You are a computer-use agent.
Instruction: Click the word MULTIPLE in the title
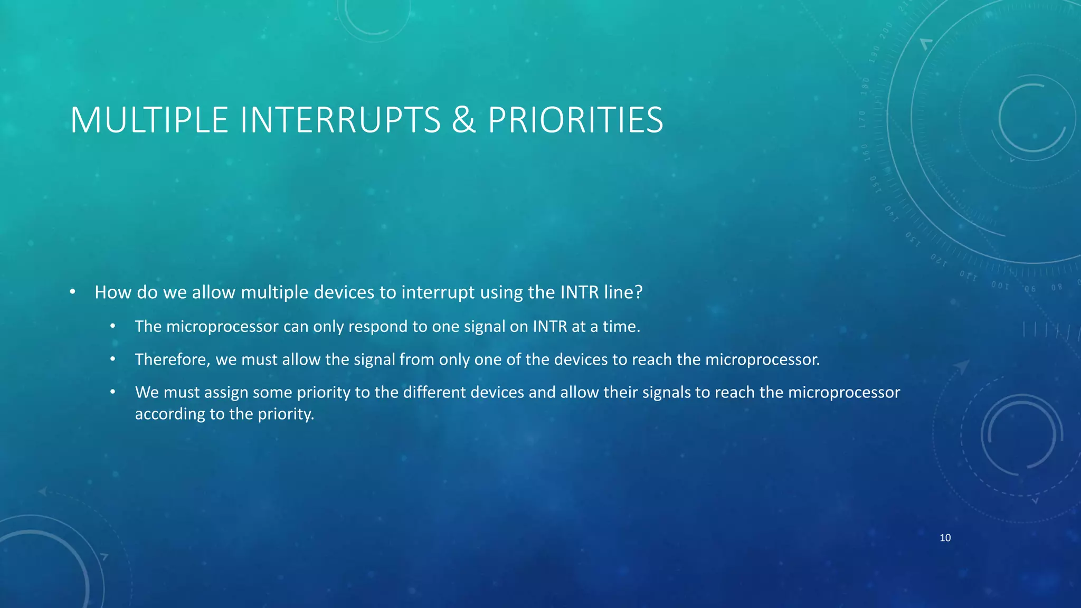(x=149, y=120)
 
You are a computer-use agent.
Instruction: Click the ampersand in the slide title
(x=463, y=120)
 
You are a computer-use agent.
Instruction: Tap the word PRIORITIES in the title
(x=575, y=120)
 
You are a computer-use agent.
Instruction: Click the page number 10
(x=945, y=538)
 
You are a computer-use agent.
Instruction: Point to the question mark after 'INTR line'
(x=639, y=292)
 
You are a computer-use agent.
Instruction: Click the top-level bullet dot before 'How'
(x=73, y=292)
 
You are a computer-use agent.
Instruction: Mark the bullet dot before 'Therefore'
(x=112, y=359)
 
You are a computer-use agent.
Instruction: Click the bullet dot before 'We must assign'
(x=112, y=392)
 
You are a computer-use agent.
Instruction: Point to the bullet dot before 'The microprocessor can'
(x=112, y=327)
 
